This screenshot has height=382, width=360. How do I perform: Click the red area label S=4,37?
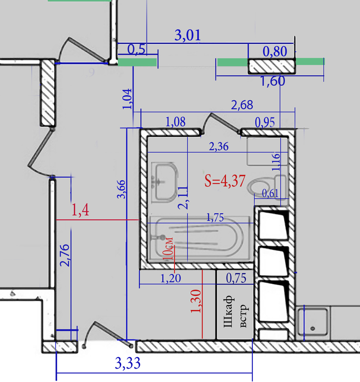pos(224,181)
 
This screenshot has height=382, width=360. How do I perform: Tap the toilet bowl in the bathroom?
pos(259,187)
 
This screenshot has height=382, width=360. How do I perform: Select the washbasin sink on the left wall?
pos(165,182)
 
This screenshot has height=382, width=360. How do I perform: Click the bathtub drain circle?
pos(162,237)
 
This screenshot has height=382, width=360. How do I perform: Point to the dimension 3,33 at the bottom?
pos(128,363)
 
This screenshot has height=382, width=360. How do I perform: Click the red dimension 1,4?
pos(80,210)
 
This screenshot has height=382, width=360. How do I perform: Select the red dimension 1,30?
pos(196,301)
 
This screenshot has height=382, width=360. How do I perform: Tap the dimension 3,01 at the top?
pos(188,35)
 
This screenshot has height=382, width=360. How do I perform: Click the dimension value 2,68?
pos(242,105)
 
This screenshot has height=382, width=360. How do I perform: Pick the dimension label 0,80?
pos(275,52)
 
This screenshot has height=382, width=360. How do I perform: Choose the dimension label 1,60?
pos(273,81)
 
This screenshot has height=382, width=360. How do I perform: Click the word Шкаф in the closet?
pos(228,312)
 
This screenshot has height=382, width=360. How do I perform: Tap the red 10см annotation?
pos(168,248)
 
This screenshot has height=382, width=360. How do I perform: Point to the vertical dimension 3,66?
pos(122,190)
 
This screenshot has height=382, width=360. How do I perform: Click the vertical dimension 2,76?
pos(65,255)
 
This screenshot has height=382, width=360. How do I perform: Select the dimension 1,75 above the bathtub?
pos(215,218)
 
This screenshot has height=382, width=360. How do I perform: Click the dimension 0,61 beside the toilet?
pos(270,193)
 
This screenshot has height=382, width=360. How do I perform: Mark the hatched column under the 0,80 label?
pos(272,66)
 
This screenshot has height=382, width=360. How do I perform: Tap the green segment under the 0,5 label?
pos(137,62)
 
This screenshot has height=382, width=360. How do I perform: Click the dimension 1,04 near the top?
pos(127,99)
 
